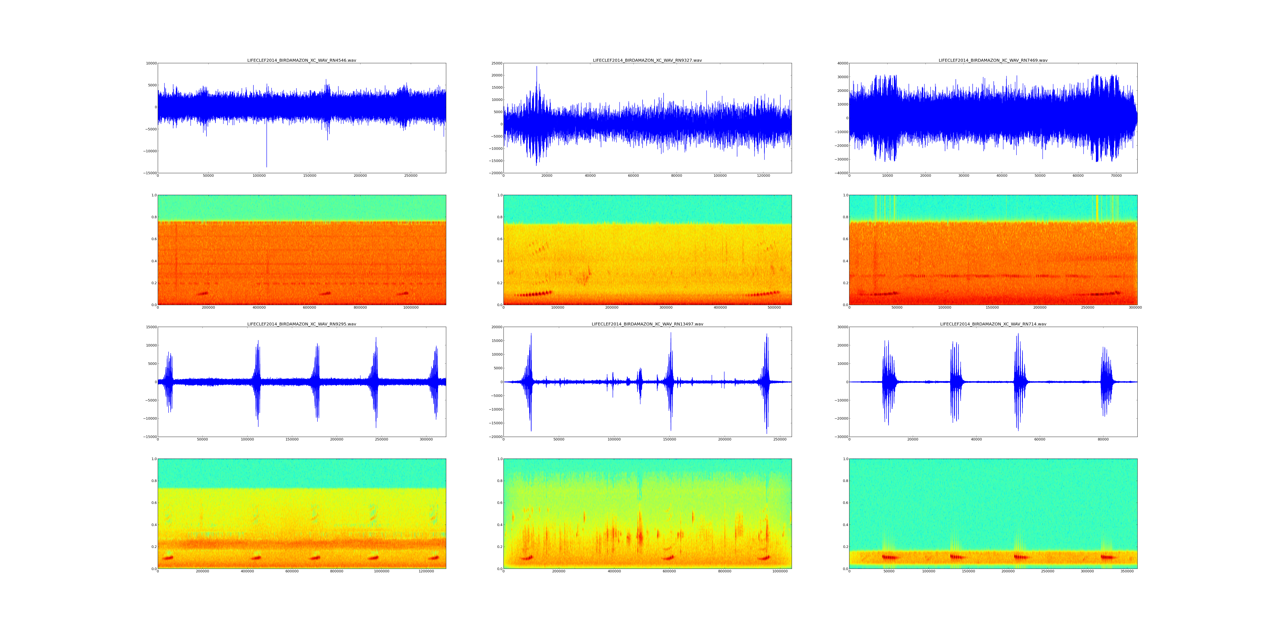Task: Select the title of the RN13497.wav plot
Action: (647, 324)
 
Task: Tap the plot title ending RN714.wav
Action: (993, 324)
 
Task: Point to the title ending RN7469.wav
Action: (993, 60)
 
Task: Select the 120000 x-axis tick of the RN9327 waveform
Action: (763, 176)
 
